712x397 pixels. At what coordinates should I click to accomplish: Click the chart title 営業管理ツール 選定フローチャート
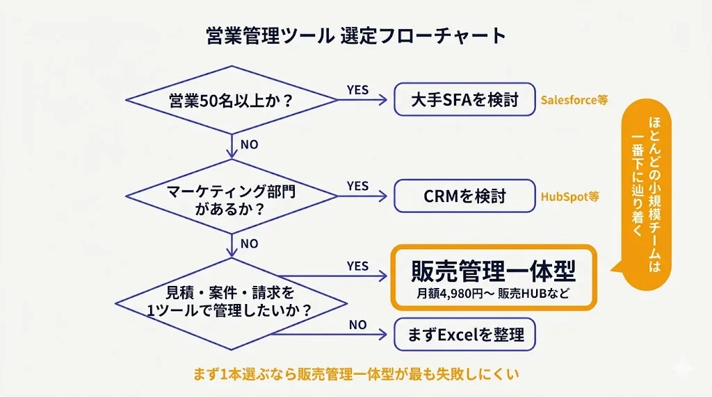click(356, 36)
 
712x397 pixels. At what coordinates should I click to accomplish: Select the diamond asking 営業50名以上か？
click(230, 100)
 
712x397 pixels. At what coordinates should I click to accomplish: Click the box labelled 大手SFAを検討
click(464, 99)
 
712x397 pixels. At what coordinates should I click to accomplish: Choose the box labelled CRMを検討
click(464, 196)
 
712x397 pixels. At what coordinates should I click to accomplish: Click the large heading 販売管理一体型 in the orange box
click(494, 269)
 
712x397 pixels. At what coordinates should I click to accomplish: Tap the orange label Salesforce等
click(574, 100)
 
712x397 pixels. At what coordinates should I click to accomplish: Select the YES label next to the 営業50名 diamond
click(357, 90)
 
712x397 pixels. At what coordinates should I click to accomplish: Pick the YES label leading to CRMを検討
click(357, 186)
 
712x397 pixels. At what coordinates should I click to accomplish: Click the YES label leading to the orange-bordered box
click(357, 267)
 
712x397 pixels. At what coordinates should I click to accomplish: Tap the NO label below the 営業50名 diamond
click(249, 146)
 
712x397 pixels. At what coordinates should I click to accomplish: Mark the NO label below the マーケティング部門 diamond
click(249, 244)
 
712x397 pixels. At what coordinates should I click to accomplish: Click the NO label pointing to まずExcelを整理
click(357, 325)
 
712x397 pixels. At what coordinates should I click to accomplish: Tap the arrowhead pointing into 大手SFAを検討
click(383, 100)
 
